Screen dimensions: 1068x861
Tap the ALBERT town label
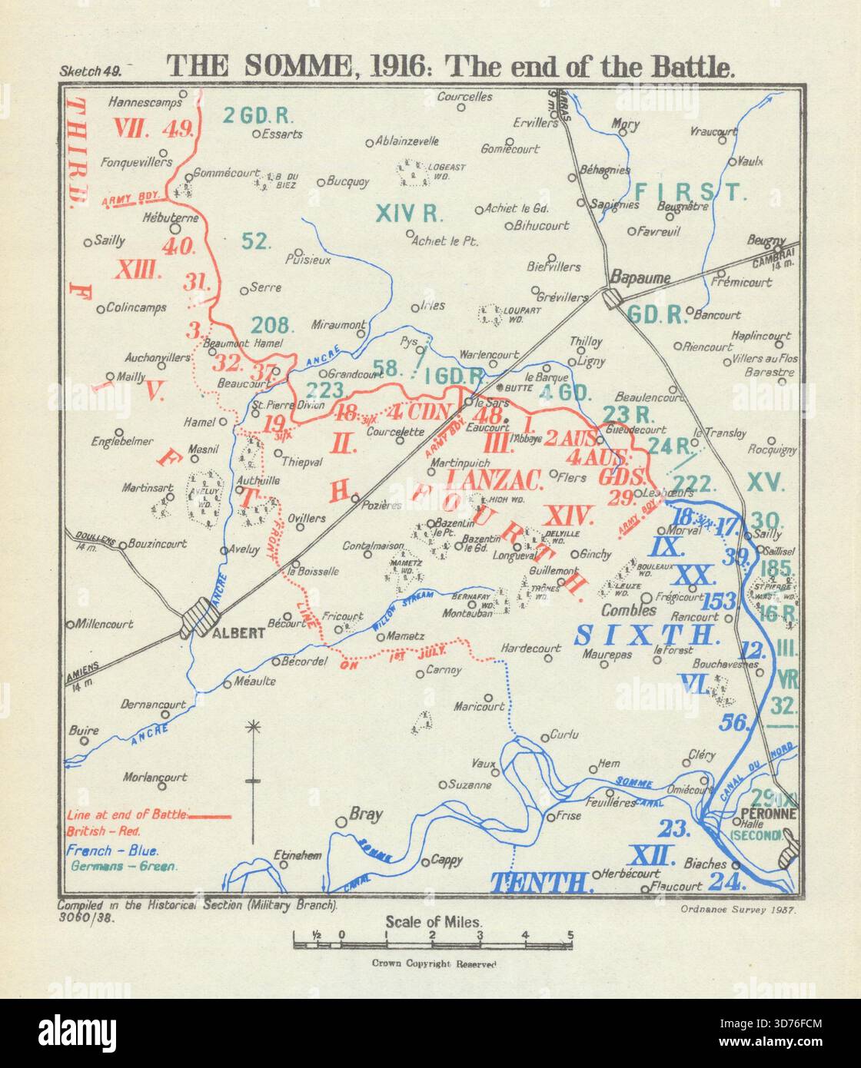[x=238, y=633]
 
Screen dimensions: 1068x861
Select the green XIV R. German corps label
[x=407, y=214]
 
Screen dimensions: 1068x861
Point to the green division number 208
[x=269, y=324]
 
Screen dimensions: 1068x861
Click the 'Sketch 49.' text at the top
[x=90, y=71]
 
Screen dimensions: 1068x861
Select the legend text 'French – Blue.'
[x=113, y=851]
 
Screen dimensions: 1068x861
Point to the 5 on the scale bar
[x=570, y=935]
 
